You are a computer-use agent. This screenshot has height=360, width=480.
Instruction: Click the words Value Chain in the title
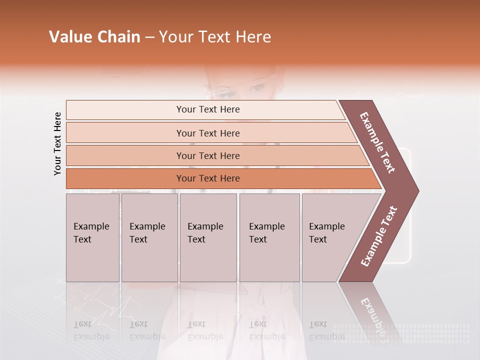pyautogui.click(x=94, y=37)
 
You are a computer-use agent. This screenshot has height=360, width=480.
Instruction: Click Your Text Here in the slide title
pyautogui.click(x=215, y=37)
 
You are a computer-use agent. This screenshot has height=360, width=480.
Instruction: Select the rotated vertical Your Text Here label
pyautogui.click(x=57, y=143)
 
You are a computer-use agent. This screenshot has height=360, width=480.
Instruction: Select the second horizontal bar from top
pyautogui.click(x=208, y=133)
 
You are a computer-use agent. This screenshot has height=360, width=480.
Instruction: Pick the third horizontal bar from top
pyautogui.click(x=208, y=155)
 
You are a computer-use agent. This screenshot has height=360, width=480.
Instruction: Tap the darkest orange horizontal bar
pyautogui.click(x=208, y=178)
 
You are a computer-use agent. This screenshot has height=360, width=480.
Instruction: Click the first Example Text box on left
pyautogui.click(x=92, y=237)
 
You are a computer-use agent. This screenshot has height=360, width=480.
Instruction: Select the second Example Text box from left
pyautogui.click(x=149, y=237)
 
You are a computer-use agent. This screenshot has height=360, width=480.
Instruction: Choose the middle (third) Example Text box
pyautogui.click(x=208, y=237)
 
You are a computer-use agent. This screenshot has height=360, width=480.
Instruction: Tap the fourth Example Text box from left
pyautogui.click(x=269, y=237)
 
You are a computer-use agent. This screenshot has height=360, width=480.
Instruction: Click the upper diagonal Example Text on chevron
pyautogui.click(x=377, y=142)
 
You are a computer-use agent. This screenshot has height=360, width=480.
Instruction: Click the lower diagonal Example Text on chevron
pyautogui.click(x=378, y=236)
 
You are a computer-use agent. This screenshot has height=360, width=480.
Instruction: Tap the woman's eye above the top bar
pyautogui.click(x=258, y=89)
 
